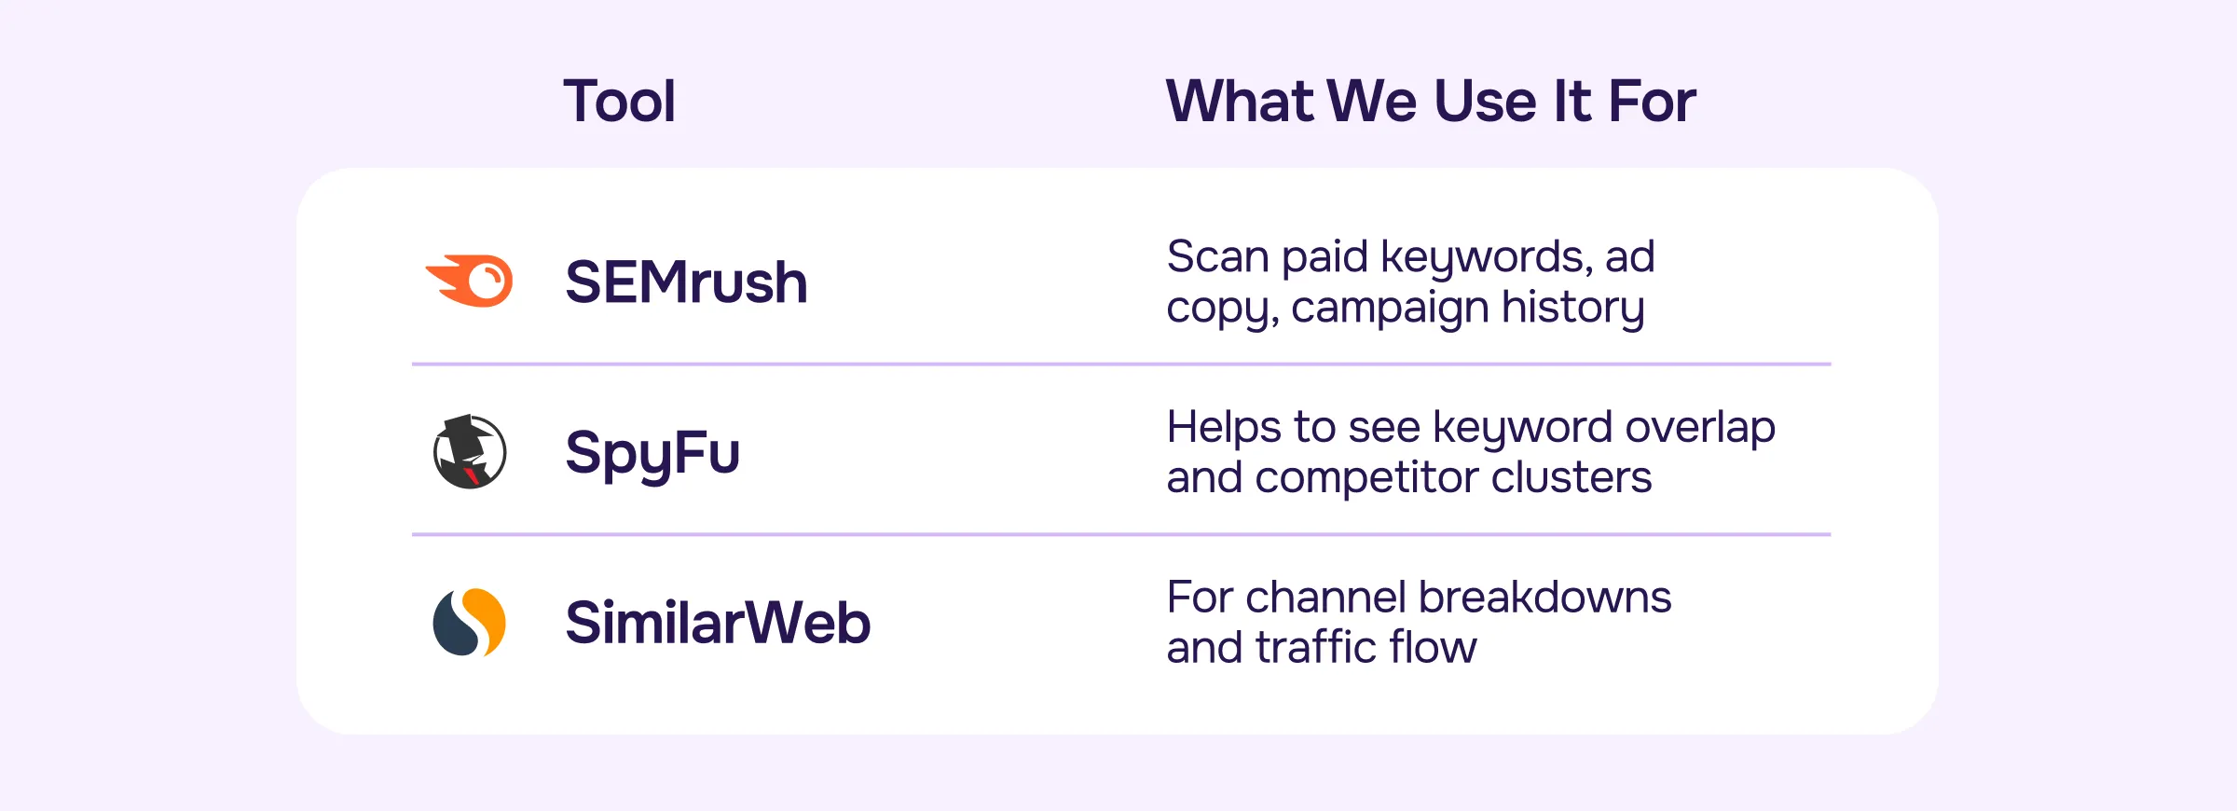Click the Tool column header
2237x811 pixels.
pos(619,101)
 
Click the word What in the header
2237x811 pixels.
pos(1240,101)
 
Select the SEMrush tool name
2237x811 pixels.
pos(686,282)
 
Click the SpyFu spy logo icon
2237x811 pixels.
pos(470,452)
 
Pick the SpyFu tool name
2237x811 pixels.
pos(652,454)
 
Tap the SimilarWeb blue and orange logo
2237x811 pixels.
pos(470,622)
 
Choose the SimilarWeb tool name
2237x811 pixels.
pos(718,623)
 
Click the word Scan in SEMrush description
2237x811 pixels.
pos(1217,256)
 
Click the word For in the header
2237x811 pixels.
pos(1652,101)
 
